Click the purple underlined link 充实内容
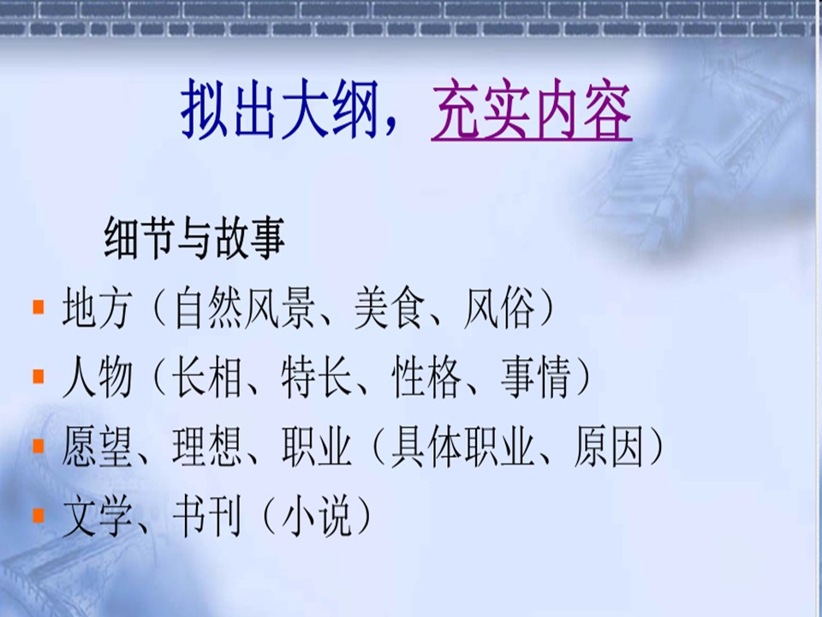(532, 111)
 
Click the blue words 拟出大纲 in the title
(279, 111)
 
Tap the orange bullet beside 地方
(39, 307)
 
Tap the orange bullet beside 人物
(39, 376)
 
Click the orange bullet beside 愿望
(39, 446)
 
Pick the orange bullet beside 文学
(39, 515)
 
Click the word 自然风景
(244, 308)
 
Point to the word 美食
(389, 308)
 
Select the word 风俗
(499, 308)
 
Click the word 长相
(207, 377)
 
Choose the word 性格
(426, 377)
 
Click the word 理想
(207, 447)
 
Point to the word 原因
(609, 447)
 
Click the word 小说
(316, 517)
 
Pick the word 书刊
(207, 517)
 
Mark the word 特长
(317, 377)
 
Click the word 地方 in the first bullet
(97, 308)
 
